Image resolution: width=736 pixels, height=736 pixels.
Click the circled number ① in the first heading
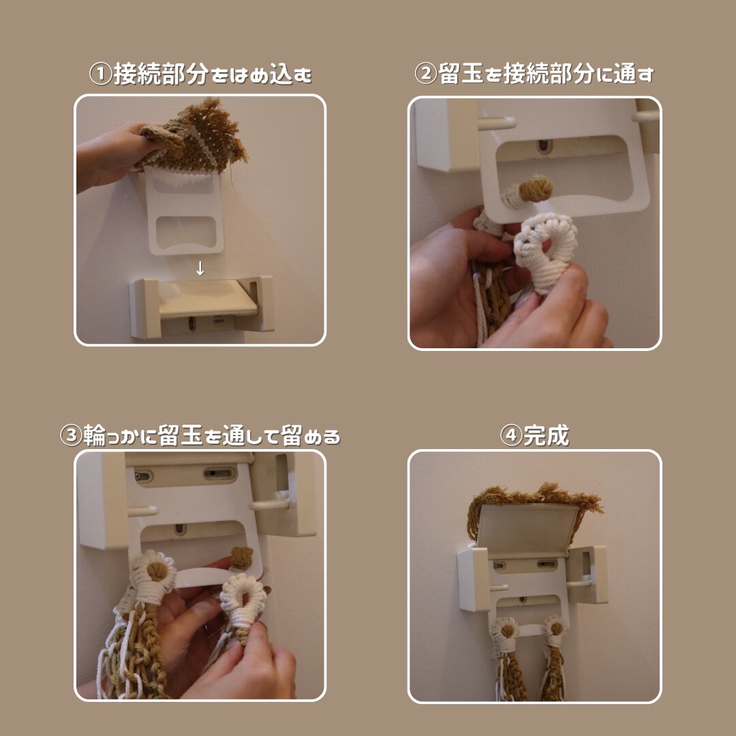point(101,74)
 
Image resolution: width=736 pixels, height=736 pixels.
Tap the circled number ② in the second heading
point(426,74)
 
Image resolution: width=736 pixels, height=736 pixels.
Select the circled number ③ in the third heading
point(72,435)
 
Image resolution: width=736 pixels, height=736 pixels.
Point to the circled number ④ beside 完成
point(511,435)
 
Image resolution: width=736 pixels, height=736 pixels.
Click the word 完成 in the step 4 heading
point(547,435)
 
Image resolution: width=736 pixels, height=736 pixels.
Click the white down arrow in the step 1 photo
point(200,269)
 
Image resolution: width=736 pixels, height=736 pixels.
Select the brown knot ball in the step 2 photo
point(536,189)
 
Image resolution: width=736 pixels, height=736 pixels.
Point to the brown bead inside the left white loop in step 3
point(157,570)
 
